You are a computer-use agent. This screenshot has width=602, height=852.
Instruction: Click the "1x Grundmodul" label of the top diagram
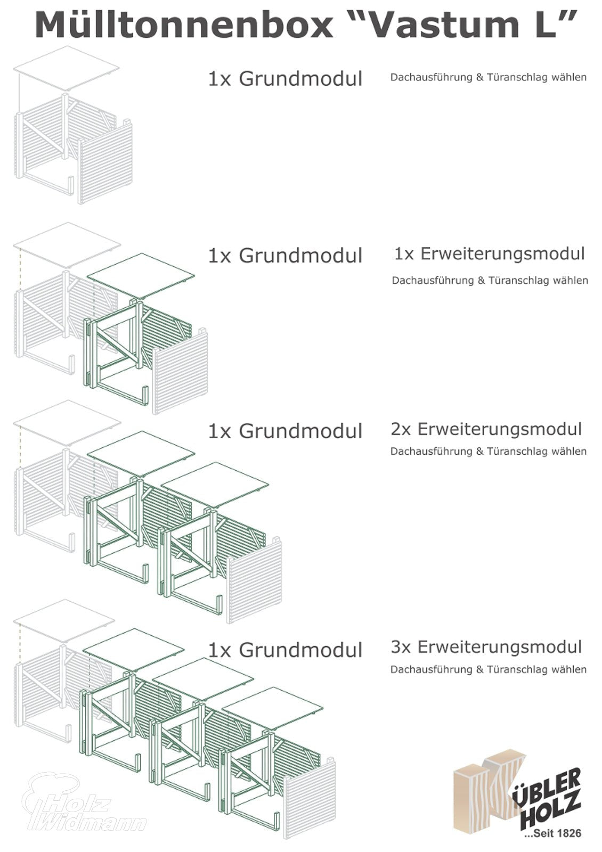click(x=285, y=79)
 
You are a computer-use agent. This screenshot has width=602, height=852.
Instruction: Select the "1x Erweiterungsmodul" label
click(x=489, y=254)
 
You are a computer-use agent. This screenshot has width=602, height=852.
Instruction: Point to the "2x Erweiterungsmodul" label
click(x=486, y=429)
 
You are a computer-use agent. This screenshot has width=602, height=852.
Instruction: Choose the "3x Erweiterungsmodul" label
click(x=486, y=647)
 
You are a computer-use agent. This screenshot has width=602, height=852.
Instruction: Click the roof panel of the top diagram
click(x=66, y=68)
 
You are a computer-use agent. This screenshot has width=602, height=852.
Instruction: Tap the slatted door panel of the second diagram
click(x=180, y=373)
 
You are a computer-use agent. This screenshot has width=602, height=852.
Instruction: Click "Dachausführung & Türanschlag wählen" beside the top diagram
click(x=488, y=77)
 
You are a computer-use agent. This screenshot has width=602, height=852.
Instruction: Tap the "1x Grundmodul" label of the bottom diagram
click(x=285, y=650)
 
